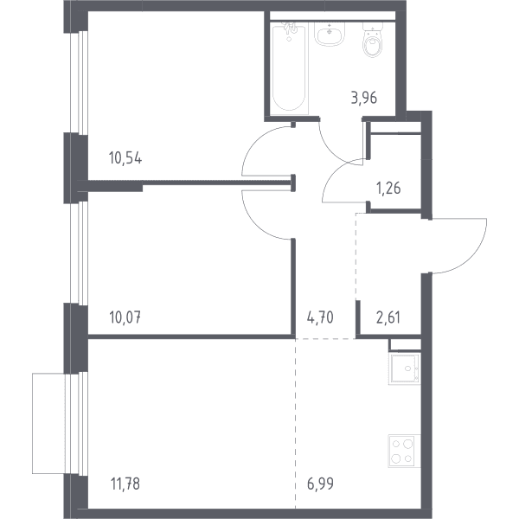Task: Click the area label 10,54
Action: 125,158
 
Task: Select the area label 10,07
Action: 125,317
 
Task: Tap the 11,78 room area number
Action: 125,484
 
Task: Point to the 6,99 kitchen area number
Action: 320,484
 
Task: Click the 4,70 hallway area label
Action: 320,317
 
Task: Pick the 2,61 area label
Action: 388,317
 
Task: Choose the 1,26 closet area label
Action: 388,188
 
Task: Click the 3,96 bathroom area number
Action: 364,98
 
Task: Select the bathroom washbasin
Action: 330,33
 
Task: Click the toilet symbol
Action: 373,40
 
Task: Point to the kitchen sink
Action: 405,368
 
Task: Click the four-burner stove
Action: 404,451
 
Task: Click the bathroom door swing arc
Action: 332,151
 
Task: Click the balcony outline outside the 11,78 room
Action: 33,423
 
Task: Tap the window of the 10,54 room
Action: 79,83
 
